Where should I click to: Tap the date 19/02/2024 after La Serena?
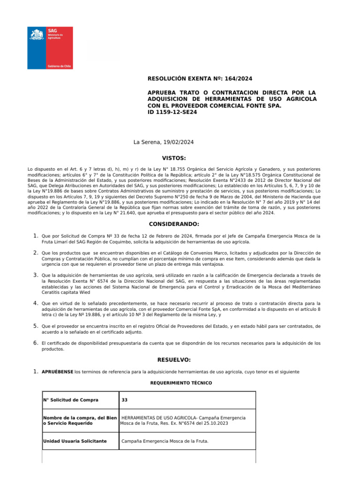pos(178,142)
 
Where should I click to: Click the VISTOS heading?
pos(174,158)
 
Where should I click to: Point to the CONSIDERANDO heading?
pos(174,224)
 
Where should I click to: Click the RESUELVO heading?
pos(174,360)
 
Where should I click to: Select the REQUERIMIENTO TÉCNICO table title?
pos(181,383)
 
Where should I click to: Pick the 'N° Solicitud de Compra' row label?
pos(71,400)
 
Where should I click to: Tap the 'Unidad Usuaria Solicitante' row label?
pos(75,441)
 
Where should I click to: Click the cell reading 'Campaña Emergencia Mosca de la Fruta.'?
pos(165,441)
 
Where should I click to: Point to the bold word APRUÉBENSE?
pos(57,372)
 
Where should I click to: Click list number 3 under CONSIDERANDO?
pos(35,275)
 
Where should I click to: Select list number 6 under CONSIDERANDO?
pos(35,343)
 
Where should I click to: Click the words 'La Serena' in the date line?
pos(146,142)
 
